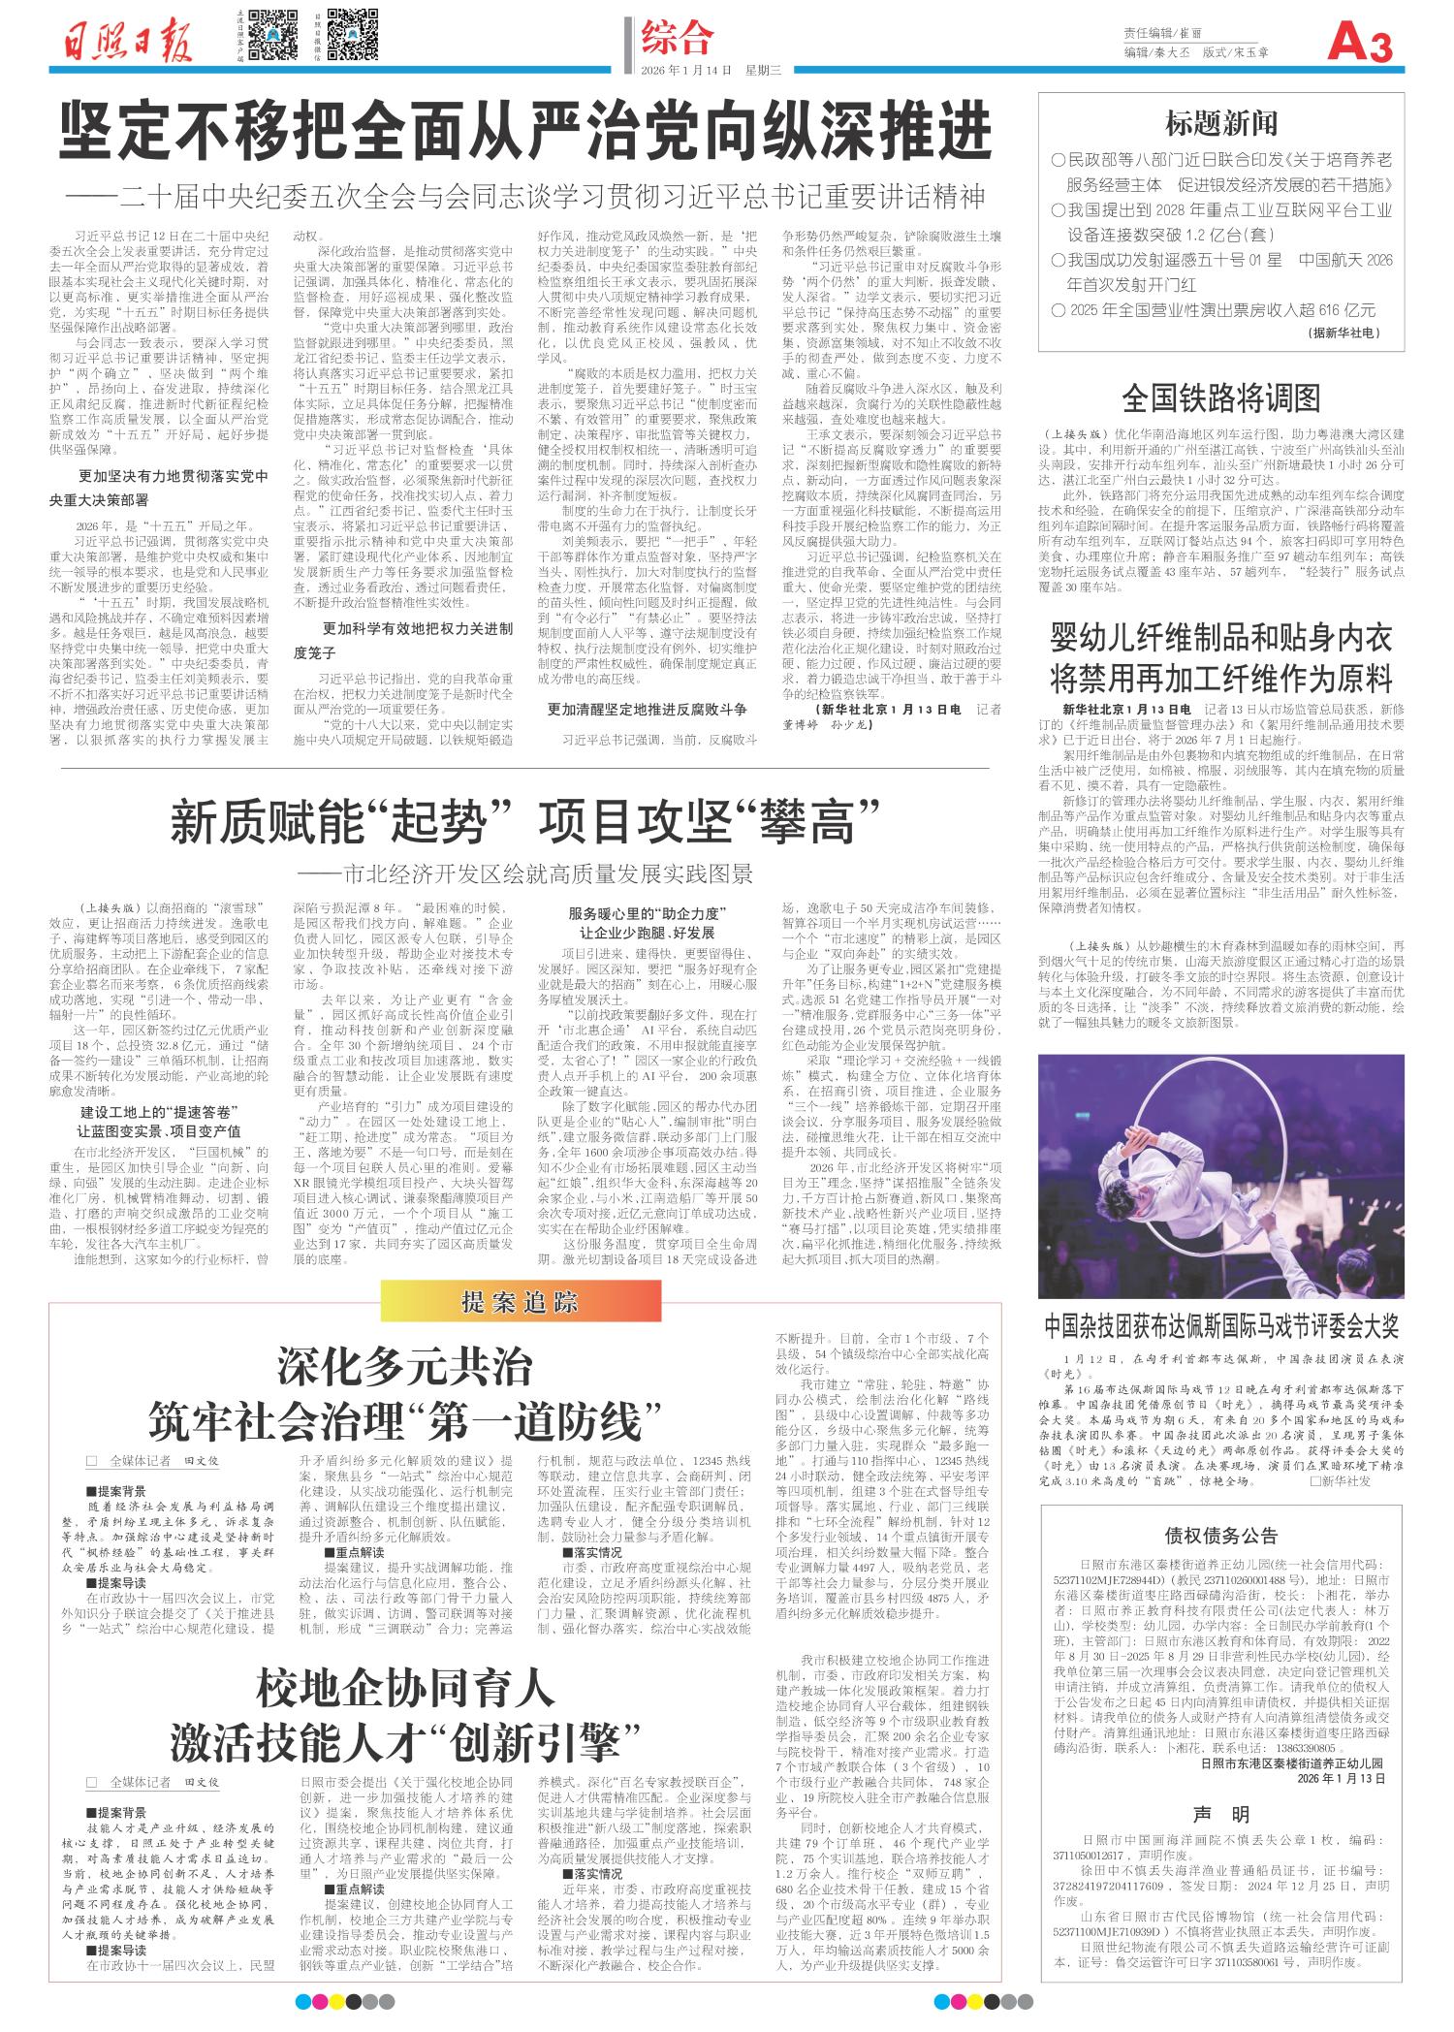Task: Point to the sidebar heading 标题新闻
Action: point(1221,123)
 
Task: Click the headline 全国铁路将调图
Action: point(1221,397)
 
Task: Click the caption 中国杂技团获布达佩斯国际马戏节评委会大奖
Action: point(1221,1325)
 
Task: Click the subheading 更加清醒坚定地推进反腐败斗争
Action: point(647,710)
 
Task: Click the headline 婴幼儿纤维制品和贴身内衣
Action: point(1221,639)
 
